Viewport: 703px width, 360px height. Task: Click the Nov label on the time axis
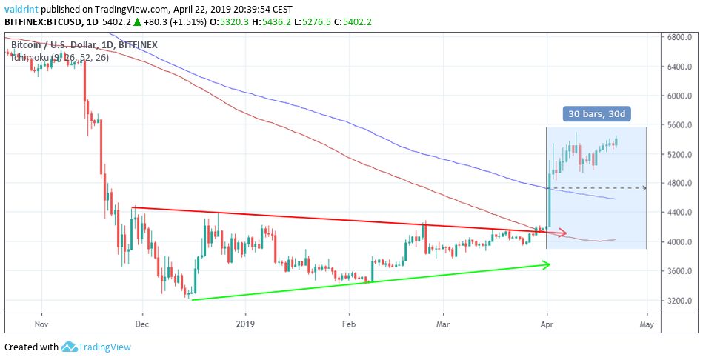point(41,324)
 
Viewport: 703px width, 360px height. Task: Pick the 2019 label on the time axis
point(244,324)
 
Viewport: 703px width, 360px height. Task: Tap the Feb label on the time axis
point(349,324)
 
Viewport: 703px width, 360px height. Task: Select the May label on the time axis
point(647,324)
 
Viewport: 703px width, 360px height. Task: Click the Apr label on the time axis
point(547,324)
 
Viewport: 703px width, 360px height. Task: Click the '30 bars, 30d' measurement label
point(596,115)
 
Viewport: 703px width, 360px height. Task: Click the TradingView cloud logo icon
point(70,347)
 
